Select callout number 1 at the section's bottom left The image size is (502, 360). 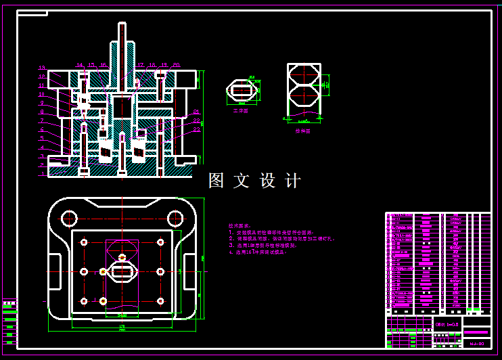pyautogui.click(x=41, y=173)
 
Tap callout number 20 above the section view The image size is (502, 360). pyautogui.click(x=176, y=65)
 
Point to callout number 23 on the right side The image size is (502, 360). pyautogui.click(x=196, y=129)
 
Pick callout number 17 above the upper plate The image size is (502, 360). pyautogui.click(x=140, y=65)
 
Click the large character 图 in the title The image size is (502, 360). pyautogui.click(x=216, y=181)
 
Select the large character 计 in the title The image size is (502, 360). pyautogui.click(x=293, y=181)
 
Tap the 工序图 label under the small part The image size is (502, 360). pyautogui.click(x=240, y=110)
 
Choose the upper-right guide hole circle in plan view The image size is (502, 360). pyautogui.click(x=175, y=218)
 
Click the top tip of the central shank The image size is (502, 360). pyautogui.click(x=122, y=25)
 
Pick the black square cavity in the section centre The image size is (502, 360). pyautogui.click(x=122, y=106)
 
